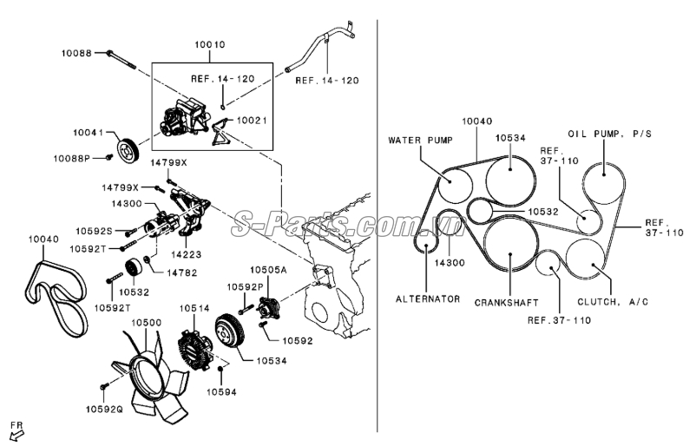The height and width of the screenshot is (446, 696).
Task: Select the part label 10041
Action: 89,134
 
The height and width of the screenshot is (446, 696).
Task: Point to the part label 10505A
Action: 270,269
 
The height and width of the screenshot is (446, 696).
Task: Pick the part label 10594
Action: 221,391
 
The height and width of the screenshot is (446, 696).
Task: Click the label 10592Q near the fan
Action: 104,406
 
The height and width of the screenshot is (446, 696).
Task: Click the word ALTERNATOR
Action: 428,298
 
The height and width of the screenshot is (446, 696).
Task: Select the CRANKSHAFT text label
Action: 508,303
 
